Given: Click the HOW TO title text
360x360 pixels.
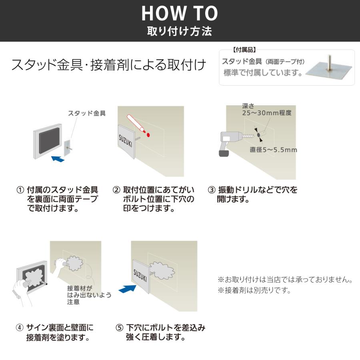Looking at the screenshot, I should coord(180,14).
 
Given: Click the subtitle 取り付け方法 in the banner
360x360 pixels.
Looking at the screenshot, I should coord(180,31).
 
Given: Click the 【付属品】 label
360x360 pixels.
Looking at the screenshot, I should coord(244,50).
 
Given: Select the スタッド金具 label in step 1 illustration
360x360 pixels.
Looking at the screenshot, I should coord(87,114).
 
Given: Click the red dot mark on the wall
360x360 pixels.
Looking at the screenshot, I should coord(148,134).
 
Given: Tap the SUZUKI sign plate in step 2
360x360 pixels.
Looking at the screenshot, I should coord(127,142).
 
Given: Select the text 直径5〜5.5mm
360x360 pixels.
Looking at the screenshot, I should coord(273,150).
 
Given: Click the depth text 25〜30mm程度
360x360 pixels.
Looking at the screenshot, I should coord(267,113).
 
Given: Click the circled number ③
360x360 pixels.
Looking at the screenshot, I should coord(212,190).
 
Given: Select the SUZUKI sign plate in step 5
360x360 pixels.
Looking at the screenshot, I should coord(141,276).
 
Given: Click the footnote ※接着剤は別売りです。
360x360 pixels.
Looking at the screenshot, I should coord(254,290).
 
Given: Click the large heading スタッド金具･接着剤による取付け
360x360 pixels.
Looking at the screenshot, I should coord(108,65).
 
